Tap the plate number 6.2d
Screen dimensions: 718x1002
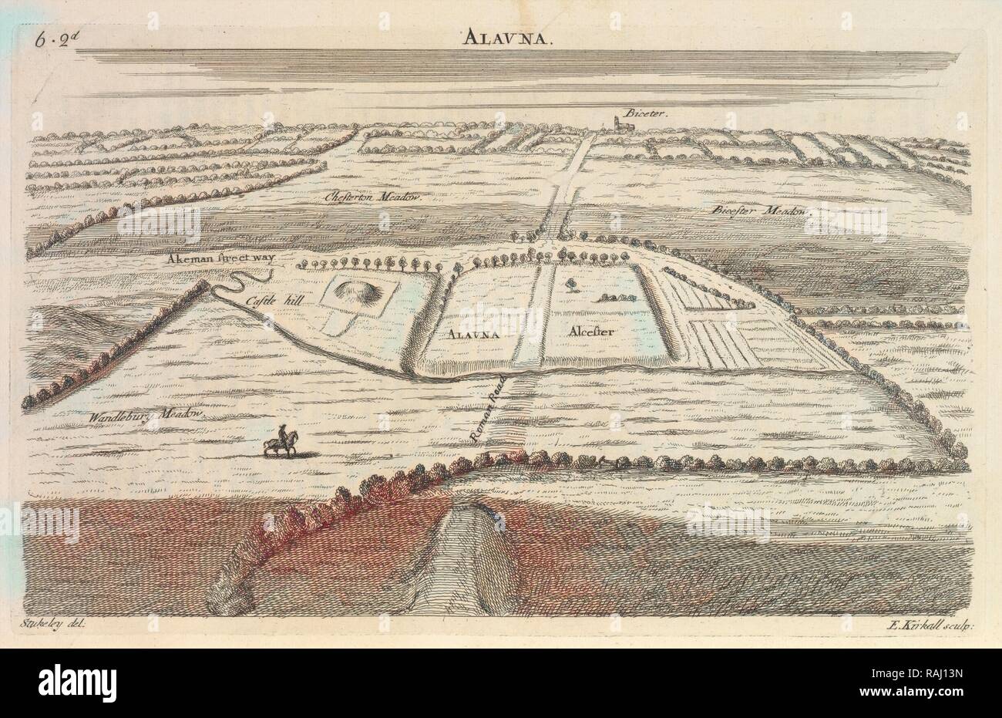[52, 40]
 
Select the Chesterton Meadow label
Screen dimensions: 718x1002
[382, 198]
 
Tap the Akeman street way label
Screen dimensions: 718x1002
[223, 259]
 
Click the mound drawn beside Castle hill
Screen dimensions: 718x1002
[355, 293]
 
